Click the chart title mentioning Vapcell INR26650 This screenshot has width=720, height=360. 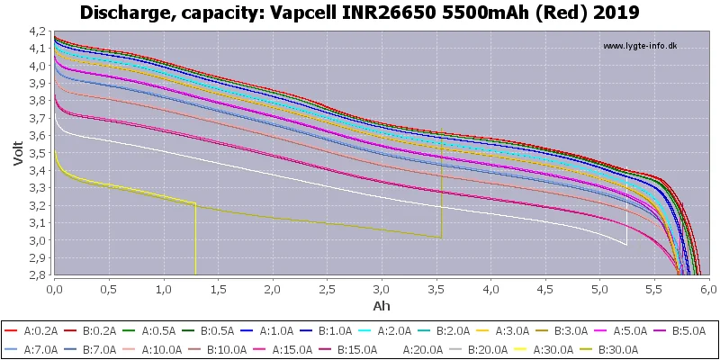click(x=360, y=13)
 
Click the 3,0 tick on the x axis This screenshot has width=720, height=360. click(x=382, y=290)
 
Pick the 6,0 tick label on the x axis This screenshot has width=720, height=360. click(x=708, y=290)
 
